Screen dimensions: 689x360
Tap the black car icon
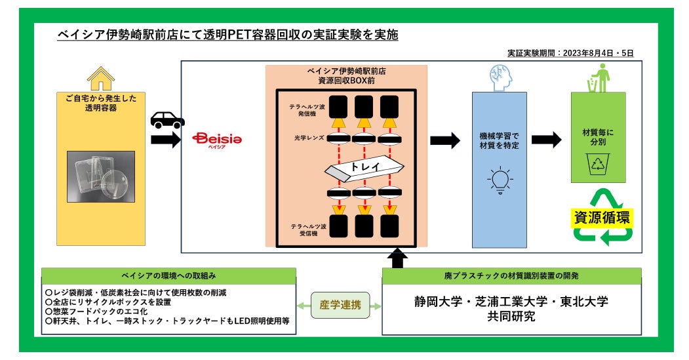pyautogui.click(x=167, y=119)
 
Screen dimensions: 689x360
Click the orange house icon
pyautogui.click(x=101, y=79)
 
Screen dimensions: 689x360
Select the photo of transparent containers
pyautogui.click(x=101, y=176)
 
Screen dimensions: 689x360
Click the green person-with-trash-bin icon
pyautogui.click(x=599, y=78)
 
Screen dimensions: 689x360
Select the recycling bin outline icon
pyautogui.click(x=598, y=164)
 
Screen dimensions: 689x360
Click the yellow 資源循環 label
pyautogui.click(x=602, y=218)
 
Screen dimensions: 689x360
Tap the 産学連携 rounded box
pyautogui.click(x=340, y=305)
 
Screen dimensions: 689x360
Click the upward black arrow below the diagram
pyautogui.click(x=397, y=258)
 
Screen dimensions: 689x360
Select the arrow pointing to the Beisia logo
pyautogui.click(x=166, y=140)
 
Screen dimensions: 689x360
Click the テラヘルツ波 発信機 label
pyautogui.click(x=307, y=110)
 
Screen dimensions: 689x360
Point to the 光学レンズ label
pyautogui.click(x=309, y=138)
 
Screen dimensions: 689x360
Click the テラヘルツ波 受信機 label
pyautogui.click(x=309, y=230)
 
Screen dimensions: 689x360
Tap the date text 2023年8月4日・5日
pyautogui.click(x=598, y=53)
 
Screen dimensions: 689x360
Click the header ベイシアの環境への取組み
pyautogui.click(x=168, y=275)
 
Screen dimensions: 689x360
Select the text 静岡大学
pyautogui.click(x=438, y=302)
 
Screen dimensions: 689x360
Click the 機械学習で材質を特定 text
pyautogui.click(x=499, y=141)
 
